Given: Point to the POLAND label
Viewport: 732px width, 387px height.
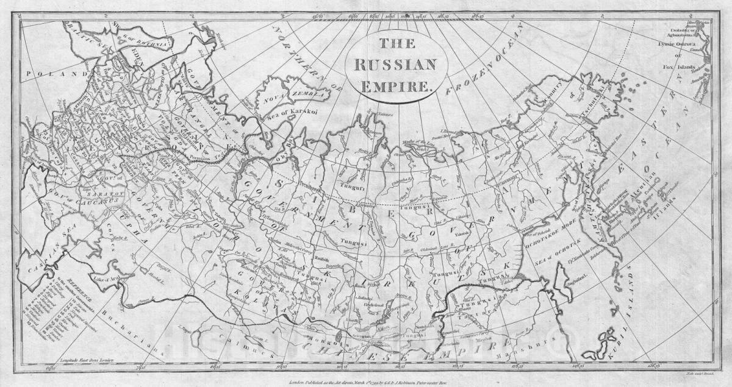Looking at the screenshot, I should pyautogui.click(x=46, y=74).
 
